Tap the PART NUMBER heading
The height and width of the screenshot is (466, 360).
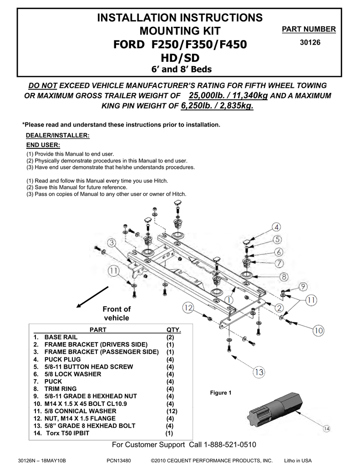[x=309, y=30]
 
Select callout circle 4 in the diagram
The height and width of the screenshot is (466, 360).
[x=276, y=227]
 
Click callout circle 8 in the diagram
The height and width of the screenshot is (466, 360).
[x=283, y=276]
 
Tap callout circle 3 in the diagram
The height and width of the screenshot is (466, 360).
[x=112, y=244]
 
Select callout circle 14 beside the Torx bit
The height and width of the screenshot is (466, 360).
[x=326, y=428]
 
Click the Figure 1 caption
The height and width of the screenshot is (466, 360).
[x=221, y=393]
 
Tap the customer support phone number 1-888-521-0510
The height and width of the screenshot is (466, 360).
[x=230, y=445]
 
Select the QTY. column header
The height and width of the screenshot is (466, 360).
[x=173, y=330]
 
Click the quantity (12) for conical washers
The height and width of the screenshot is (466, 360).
[x=172, y=411]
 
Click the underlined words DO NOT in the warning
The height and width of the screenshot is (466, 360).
[x=43, y=86]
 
